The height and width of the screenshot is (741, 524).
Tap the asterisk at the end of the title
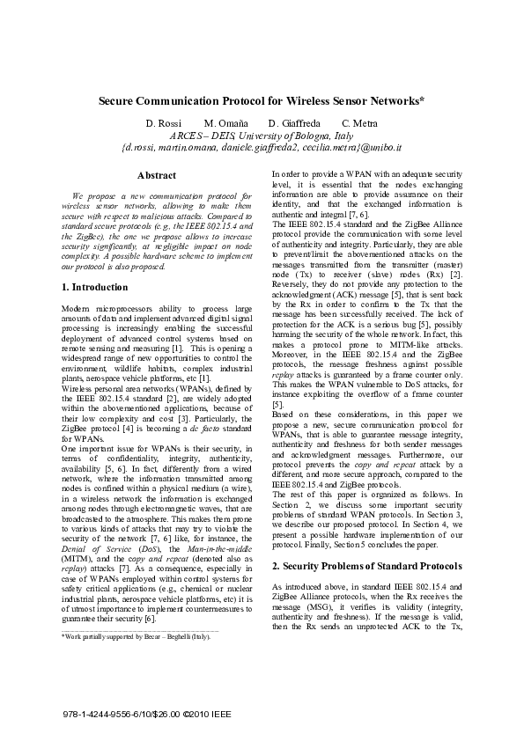pos(423,99)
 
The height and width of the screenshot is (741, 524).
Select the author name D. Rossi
pos(163,123)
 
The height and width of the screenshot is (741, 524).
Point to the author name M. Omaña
pos(225,123)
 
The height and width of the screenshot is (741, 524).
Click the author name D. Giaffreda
pos(297,123)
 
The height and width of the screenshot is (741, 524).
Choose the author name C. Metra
pos(359,123)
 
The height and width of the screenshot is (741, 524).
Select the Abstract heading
pos(157,175)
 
